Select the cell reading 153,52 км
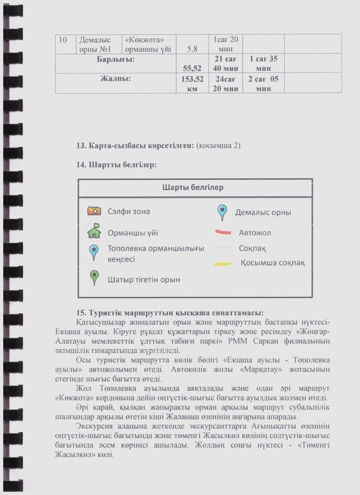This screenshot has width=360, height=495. pos(192,84)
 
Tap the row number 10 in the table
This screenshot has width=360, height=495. pos(63,40)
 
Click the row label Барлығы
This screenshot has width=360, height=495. pos(116,59)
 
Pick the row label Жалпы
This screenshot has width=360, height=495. pos(116,78)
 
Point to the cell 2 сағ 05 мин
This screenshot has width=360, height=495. pos(263,84)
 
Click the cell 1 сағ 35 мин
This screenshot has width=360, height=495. pos(263,63)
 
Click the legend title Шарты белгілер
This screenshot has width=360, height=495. pos(195,187)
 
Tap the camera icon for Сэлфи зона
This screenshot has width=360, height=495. pos(94,210)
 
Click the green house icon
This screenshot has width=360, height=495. pos(94,231)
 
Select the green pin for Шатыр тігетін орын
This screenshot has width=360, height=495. pos(94,277)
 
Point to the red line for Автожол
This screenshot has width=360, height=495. pos(224,233)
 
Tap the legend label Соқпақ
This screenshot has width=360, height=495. pos(252,248)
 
